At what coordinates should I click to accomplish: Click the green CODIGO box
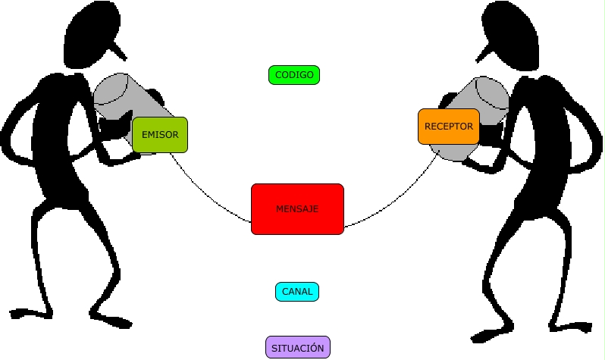(294, 75)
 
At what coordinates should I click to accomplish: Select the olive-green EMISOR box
(159, 135)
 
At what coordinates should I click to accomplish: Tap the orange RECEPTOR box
(448, 127)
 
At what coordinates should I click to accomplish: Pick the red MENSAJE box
(297, 208)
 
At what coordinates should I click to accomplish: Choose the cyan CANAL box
(297, 292)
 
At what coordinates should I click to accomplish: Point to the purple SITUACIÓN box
(298, 348)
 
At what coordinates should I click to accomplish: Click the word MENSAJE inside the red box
(297, 208)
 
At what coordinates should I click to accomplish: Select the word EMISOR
(160, 135)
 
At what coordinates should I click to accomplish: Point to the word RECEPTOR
(449, 127)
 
